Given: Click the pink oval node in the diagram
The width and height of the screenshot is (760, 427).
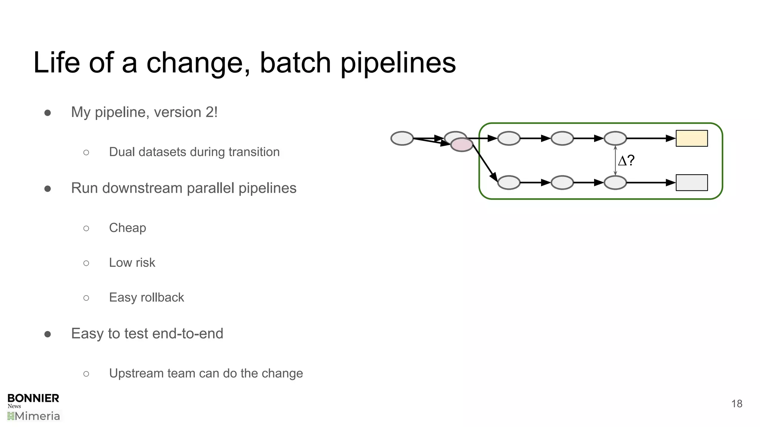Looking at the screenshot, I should point(462,145).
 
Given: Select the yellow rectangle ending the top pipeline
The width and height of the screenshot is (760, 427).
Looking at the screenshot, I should point(691,138).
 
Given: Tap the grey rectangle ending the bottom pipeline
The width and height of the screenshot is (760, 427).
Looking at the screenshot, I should point(691,183).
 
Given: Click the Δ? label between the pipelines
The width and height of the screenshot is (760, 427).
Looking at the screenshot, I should point(626,160).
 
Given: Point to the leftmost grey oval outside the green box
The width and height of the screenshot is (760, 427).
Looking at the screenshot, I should point(402,138).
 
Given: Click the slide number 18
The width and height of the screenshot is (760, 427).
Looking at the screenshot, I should point(736,404).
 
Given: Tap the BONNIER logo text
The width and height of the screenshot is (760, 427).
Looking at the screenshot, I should point(33,398).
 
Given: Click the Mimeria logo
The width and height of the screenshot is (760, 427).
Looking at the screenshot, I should point(34,416).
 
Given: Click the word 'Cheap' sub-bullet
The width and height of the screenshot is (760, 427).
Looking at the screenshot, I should point(127,228).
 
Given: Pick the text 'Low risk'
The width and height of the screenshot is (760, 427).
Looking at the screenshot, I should point(132,262).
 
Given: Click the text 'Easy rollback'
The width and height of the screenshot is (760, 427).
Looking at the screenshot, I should point(146,297).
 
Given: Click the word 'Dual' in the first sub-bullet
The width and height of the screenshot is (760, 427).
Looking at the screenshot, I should point(121,152).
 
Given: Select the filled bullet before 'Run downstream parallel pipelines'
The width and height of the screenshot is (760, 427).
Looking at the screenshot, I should point(47,189).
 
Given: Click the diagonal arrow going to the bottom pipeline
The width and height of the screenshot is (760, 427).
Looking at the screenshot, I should point(485,163).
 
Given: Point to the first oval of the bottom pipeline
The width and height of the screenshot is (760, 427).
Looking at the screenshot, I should point(508,183).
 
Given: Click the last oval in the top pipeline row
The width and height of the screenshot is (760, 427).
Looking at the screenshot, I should point(615,138).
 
